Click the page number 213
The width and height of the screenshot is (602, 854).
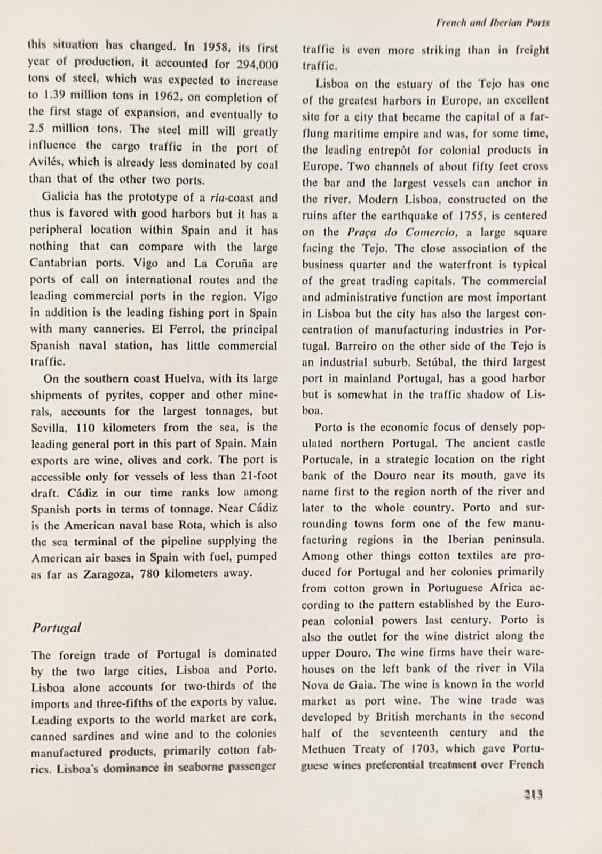point(533,794)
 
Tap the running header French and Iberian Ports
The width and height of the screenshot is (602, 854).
point(493,23)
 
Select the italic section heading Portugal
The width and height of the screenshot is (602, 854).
point(56,628)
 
